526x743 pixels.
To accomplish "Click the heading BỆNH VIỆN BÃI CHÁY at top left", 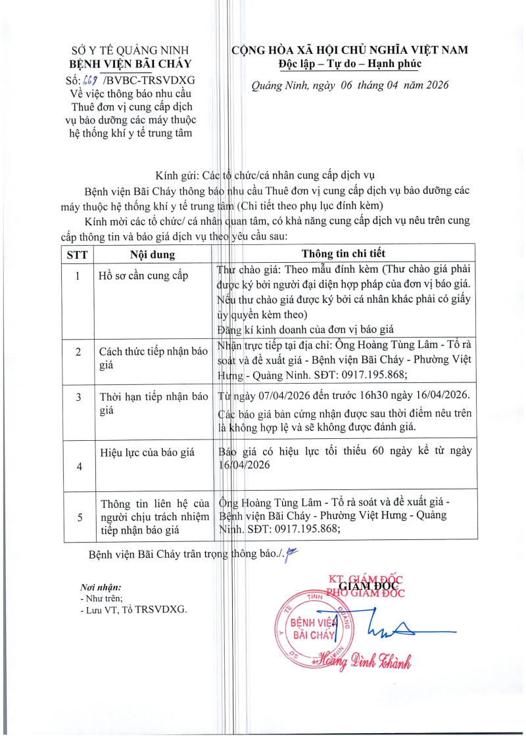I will point(130,64).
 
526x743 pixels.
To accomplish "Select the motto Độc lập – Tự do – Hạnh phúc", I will point(349,64).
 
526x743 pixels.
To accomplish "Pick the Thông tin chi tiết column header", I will point(343,254).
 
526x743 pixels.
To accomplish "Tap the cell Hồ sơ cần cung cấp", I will point(143,275).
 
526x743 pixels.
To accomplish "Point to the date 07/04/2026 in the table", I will point(276,394).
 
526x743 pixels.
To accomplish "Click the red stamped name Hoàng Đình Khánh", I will point(366,662).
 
